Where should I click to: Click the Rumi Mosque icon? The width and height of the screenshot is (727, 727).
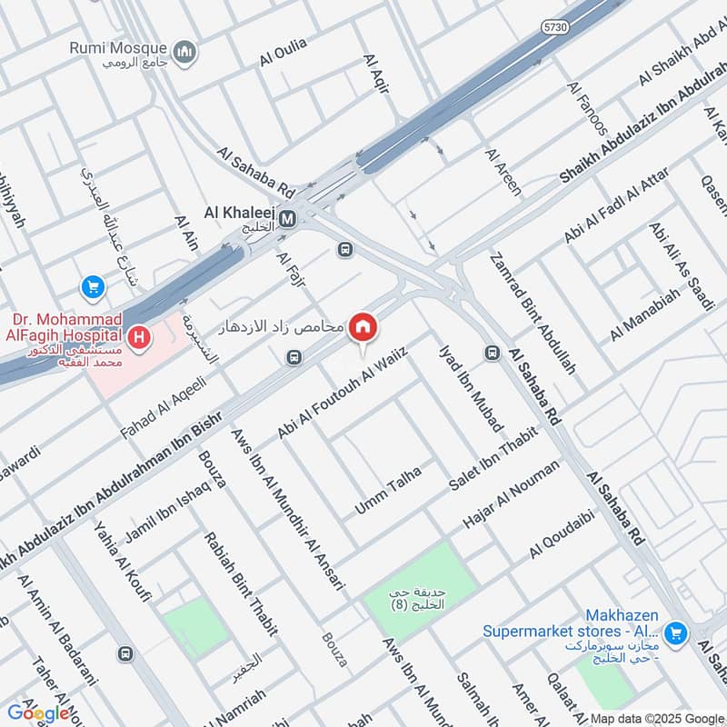187,53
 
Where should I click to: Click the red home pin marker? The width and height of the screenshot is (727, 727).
363,328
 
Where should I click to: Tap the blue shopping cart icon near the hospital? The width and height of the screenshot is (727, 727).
92,288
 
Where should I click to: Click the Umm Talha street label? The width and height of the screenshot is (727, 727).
388,490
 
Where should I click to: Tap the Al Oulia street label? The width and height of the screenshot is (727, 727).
284,52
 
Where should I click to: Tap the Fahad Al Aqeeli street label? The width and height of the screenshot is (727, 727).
164,409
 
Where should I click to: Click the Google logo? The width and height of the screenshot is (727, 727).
38,712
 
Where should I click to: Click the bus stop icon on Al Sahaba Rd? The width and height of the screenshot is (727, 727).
493,353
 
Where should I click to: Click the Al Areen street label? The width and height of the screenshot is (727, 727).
503,174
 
